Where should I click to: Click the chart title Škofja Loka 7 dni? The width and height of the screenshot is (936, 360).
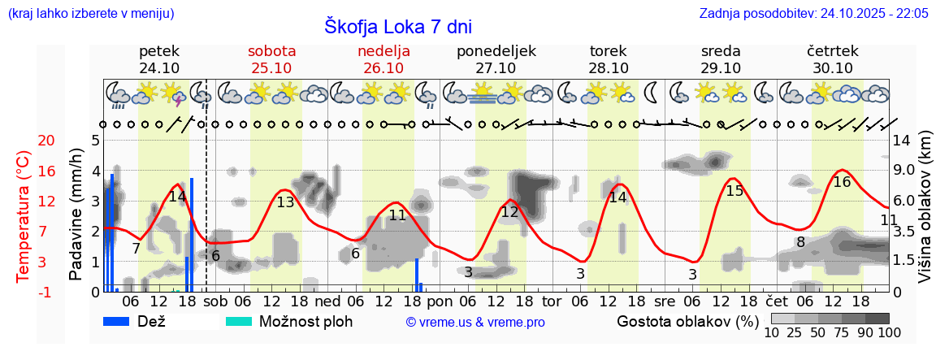pyautogui.click(x=398, y=25)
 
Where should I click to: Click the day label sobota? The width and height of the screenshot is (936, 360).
pyautogui.click(x=271, y=51)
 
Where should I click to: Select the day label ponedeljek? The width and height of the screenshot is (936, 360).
pyautogui.click(x=496, y=51)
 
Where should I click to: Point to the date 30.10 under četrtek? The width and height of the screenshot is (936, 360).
pyautogui.click(x=833, y=68)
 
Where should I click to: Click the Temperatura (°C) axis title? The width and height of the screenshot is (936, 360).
pyautogui.click(x=24, y=216)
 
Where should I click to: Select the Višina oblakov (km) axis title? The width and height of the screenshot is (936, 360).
pyautogui.click(x=925, y=215)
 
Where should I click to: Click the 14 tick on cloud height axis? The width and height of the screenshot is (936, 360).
pyautogui.click(x=901, y=141)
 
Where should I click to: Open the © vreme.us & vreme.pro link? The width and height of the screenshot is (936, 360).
pyautogui.click(x=474, y=322)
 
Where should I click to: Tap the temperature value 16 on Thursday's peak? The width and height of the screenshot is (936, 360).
pyautogui.click(x=842, y=182)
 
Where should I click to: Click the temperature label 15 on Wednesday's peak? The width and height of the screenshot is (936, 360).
pyautogui.click(x=734, y=191)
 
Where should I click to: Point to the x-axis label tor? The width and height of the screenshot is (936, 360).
pyautogui.click(x=552, y=300)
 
